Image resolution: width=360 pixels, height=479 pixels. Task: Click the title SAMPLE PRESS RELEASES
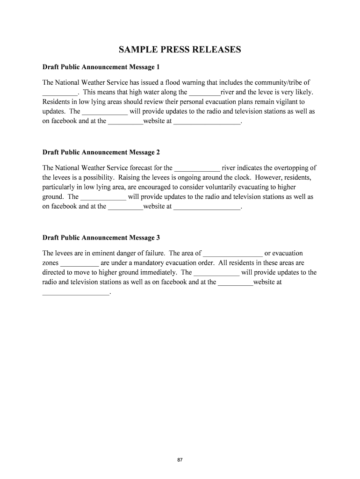(x=180, y=50)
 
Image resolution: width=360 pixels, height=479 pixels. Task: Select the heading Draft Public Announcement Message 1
(x=101, y=67)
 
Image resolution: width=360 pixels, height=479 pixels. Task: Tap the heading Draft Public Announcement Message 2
(x=101, y=152)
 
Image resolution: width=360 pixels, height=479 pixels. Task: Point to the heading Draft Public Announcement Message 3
(x=101, y=238)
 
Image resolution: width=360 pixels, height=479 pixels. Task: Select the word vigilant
(x=283, y=102)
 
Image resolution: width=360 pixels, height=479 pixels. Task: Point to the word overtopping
(x=292, y=168)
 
